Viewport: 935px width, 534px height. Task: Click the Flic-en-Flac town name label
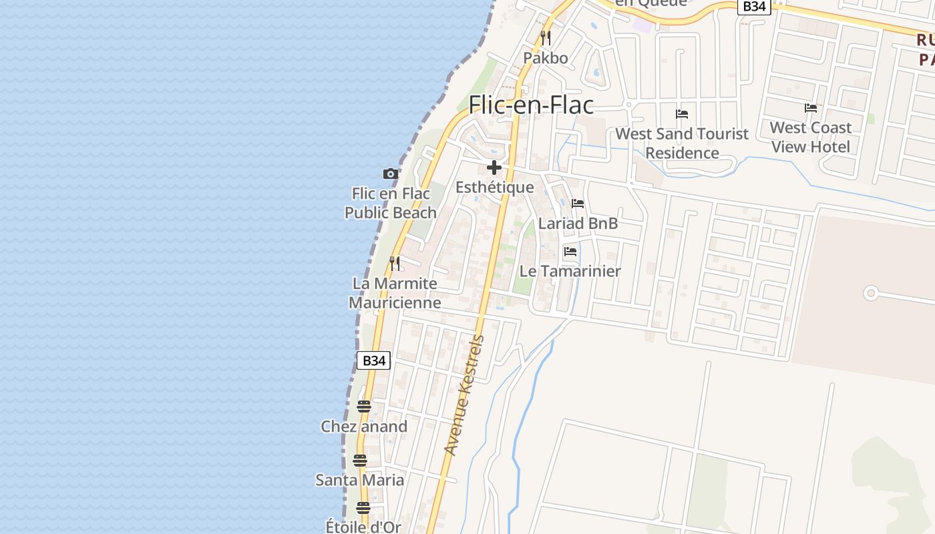[x=531, y=105]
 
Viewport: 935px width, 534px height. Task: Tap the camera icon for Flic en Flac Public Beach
[x=391, y=174]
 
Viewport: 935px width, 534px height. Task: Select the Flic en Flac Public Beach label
[x=391, y=203]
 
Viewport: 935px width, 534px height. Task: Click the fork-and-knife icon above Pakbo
[x=546, y=37]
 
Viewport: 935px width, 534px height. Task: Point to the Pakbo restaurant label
[x=546, y=58]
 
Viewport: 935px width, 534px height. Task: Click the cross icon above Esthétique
[x=494, y=168]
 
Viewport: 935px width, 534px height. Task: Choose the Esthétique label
[x=495, y=188]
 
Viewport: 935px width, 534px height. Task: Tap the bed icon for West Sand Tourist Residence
[x=682, y=114]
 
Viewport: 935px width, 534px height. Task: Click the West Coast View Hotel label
[x=811, y=137]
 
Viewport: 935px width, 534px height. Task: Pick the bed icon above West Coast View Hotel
[x=811, y=108]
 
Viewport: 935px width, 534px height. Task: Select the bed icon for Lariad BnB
[x=578, y=204]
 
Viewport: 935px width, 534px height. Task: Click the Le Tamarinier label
[x=570, y=271]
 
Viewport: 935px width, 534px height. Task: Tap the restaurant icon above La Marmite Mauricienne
[x=395, y=264]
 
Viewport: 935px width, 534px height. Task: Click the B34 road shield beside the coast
[x=373, y=360]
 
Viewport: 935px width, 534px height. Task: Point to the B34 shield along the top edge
[x=754, y=6]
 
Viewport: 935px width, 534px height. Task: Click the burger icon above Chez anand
[x=364, y=407]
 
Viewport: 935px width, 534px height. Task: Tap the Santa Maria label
[x=360, y=480]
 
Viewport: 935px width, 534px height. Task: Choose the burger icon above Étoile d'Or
[x=363, y=508]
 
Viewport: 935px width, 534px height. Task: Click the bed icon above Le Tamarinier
[x=570, y=252]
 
